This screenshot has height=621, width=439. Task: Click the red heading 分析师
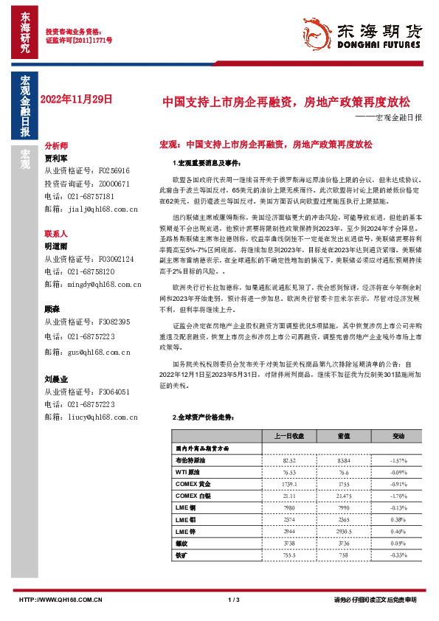tap(56, 146)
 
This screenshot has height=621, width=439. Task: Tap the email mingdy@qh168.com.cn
tap(94, 282)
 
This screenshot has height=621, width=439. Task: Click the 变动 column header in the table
tap(398, 436)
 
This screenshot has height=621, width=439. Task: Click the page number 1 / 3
tap(235, 600)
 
